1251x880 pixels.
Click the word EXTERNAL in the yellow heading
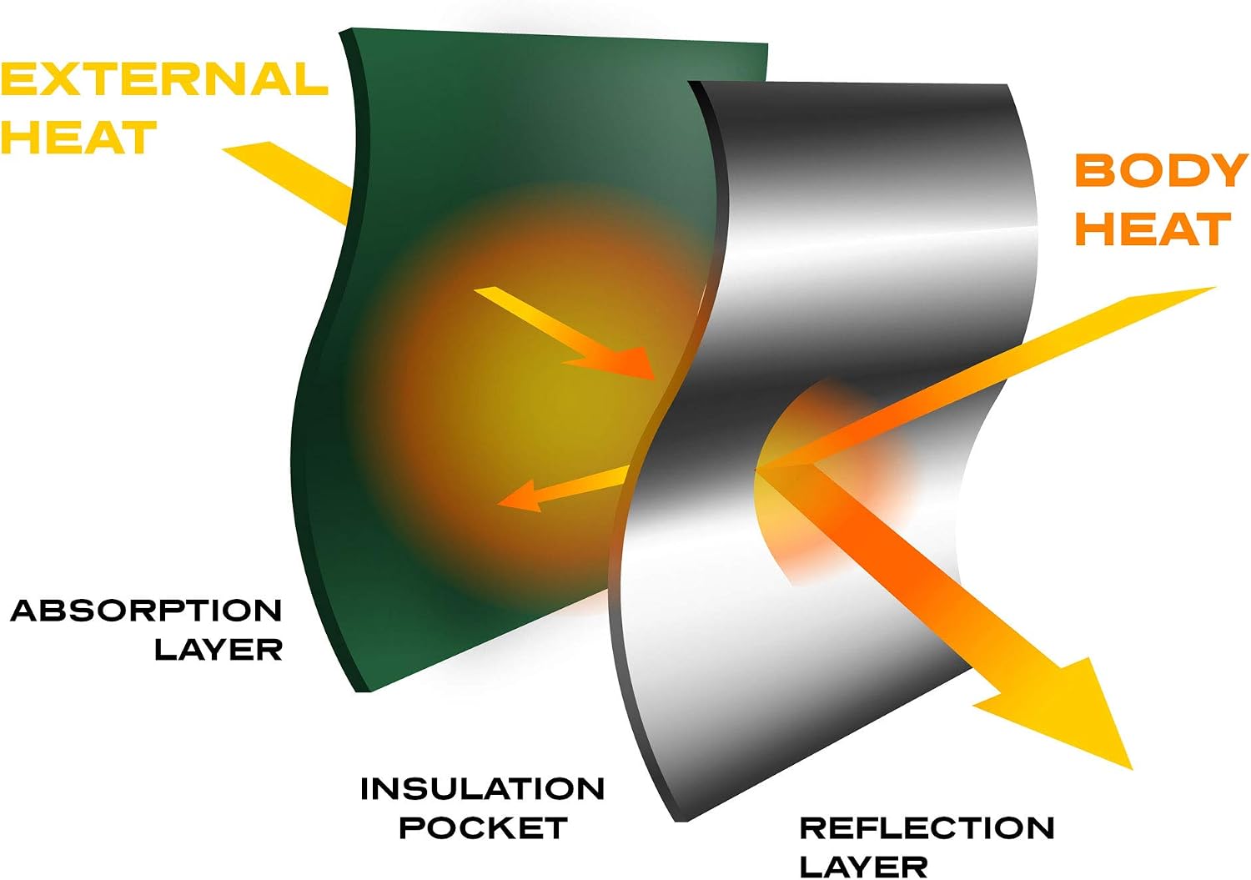164,78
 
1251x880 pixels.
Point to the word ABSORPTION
146,611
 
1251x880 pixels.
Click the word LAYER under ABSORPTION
219,649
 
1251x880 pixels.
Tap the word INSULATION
483,789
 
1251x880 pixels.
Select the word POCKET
484,827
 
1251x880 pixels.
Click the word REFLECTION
927,827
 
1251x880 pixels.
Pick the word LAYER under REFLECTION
864,867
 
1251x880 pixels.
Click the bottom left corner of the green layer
356,692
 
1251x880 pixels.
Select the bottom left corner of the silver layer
676,822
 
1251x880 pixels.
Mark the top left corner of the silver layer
688,82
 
